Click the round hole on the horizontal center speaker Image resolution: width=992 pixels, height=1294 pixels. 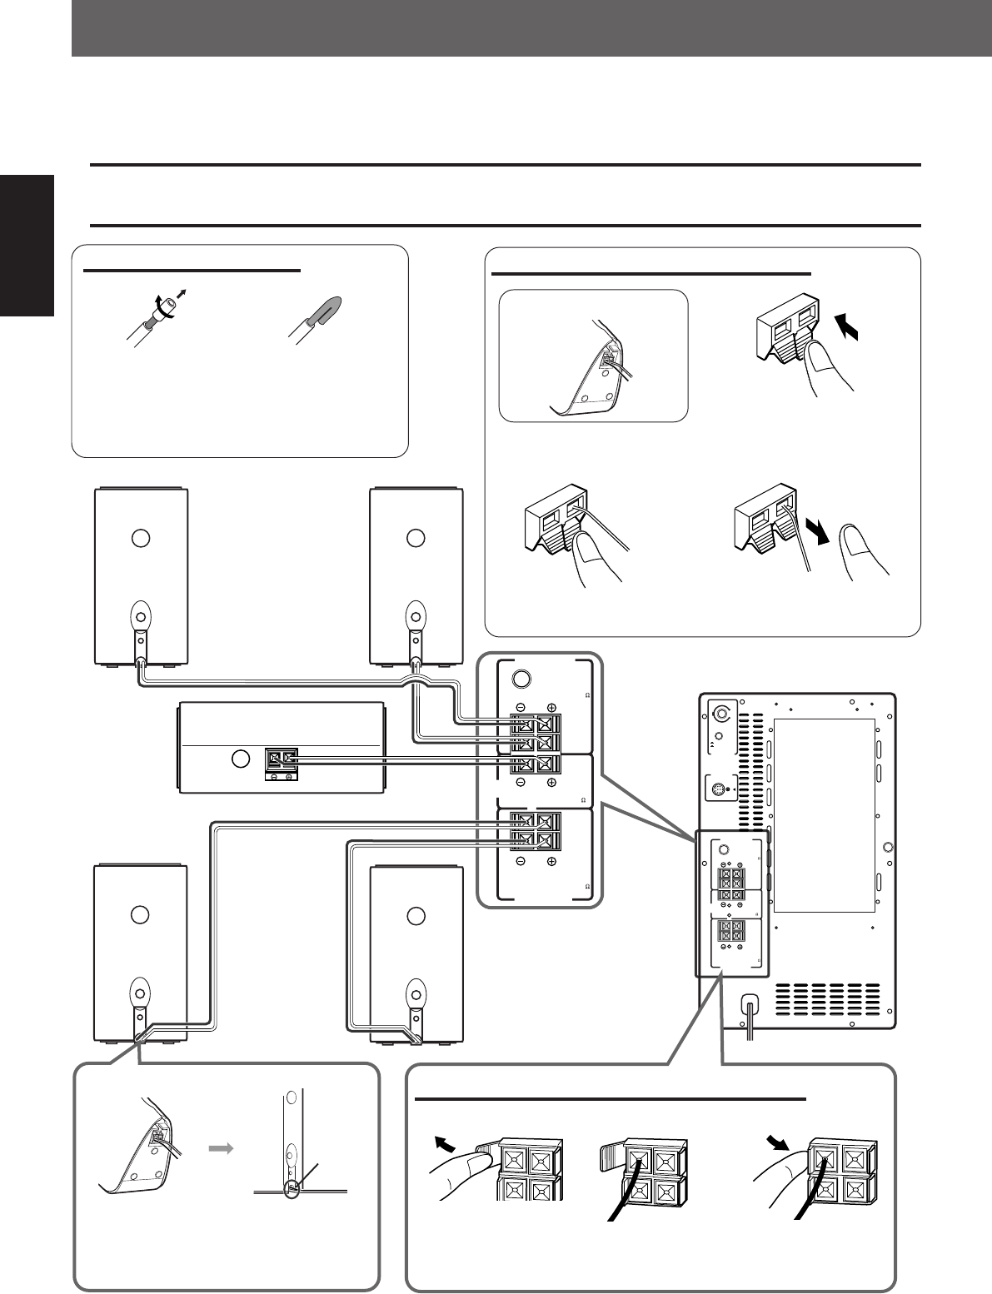240,759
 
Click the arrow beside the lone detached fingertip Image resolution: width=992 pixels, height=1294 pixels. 820,552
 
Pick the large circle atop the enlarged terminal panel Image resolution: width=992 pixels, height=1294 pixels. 521,678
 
